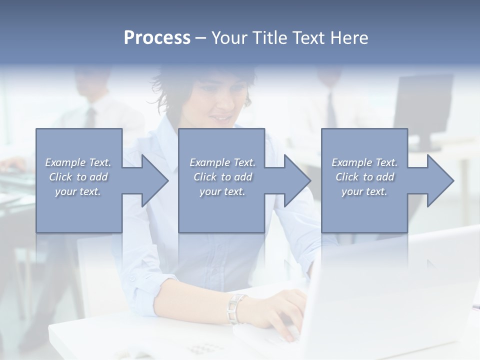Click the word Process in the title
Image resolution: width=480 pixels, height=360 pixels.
pyautogui.click(x=157, y=38)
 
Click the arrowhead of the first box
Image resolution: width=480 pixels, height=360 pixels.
pyautogui.click(x=154, y=180)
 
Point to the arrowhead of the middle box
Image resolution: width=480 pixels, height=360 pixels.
pyautogui.click(x=297, y=180)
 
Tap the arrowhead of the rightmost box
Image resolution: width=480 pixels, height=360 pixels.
pyautogui.click(x=440, y=180)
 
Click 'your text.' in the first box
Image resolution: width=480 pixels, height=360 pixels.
pyautogui.click(x=78, y=191)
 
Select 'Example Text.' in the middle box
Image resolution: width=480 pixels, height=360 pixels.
pyautogui.click(x=222, y=162)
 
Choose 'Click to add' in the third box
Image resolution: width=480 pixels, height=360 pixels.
pyautogui.click(x=364, y=177)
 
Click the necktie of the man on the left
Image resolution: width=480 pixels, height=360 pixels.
pyautogui.click(x=90, y=118)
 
